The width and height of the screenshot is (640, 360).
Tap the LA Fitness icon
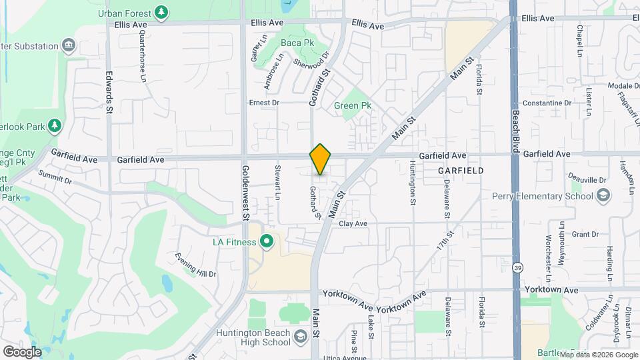tap(267, 241)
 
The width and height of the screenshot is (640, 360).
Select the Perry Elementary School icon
tap(603, 195)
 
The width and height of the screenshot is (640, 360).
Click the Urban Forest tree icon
tap(161, 12)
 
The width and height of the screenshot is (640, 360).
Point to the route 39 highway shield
tap(517, 267)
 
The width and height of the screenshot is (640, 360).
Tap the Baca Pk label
tap(297, 43)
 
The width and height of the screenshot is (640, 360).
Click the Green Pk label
tap(352, 105)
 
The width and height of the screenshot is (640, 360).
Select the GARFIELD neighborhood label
tap(461, 171)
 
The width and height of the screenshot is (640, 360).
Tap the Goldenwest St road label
tap(245, 193)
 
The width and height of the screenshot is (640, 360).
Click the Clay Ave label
tap(353, 224)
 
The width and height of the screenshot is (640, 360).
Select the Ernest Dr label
tap(264, 103)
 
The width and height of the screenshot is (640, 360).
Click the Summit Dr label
tap(55, 176)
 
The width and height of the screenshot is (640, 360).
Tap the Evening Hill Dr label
tap(195, 264)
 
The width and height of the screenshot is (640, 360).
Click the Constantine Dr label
tap(547, 103)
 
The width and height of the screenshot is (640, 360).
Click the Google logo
tap(22, 351)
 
